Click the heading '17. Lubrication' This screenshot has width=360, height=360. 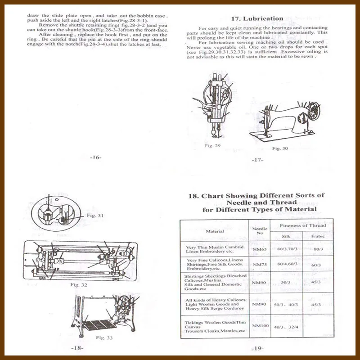pos(257,19)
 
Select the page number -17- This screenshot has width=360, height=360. pos(257,160)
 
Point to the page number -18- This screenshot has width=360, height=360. pos(77,348)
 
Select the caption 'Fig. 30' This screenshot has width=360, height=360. pos(280,148)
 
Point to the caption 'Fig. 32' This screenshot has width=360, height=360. pos(79,285)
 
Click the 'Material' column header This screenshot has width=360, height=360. pos(215,231)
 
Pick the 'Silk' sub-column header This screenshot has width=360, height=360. pos(286,236)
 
